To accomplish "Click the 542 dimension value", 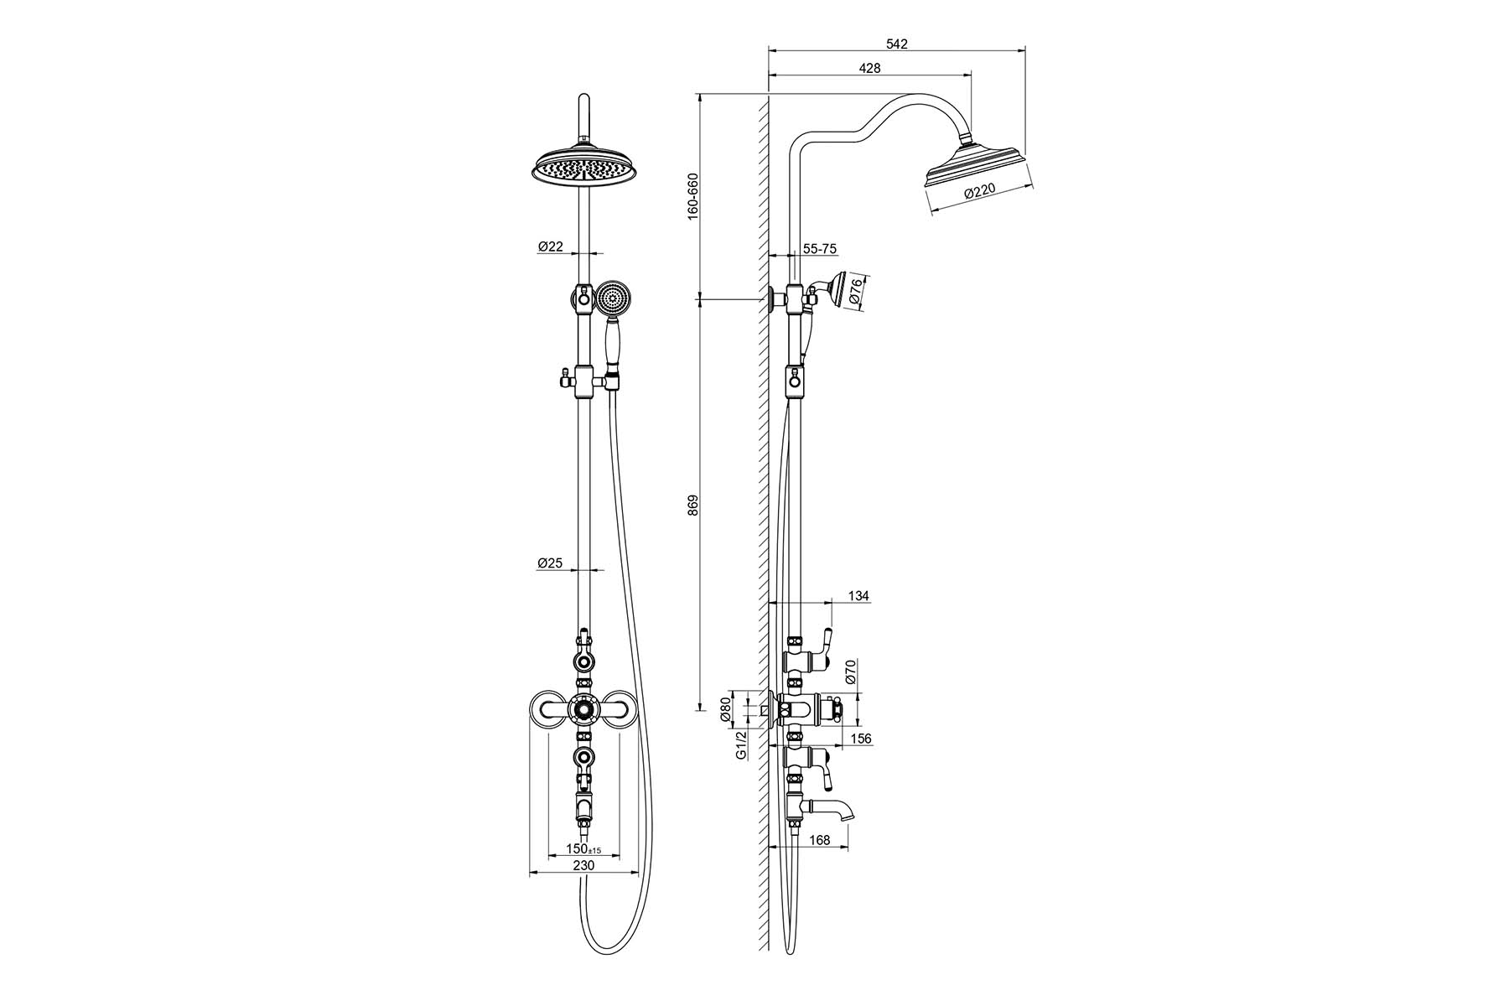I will click(896, 44).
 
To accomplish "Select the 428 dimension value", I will click(869, 69).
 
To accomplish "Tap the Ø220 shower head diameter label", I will click(978, 193).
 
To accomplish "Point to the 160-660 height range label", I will click(692, 197).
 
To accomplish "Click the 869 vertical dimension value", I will click(692, 505).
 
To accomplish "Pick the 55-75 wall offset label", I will click(819, 249).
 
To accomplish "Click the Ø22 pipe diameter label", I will click(550, 246).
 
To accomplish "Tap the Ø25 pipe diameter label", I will click(550, 563).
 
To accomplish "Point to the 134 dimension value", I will click(858, 596).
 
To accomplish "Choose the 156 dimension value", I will click(860, 739).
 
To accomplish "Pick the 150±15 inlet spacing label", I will click(583, 848).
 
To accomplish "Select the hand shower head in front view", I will click(612, 298).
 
